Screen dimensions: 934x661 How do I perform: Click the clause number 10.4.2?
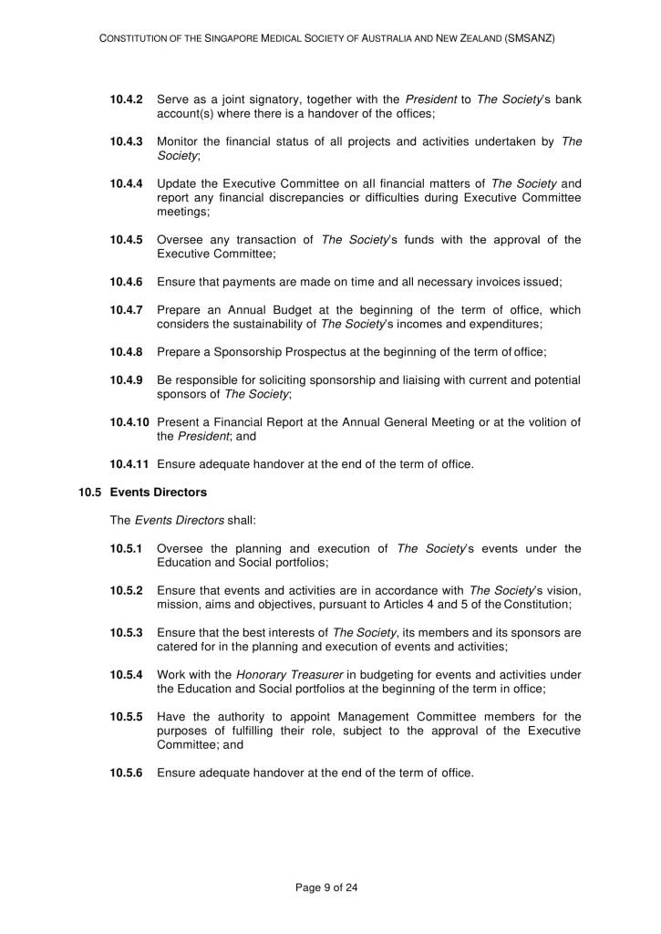click(x=127, y=99)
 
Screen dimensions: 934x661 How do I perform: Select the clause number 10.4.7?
click(x=127, y=311)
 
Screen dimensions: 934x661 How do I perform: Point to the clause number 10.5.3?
click(x=127, y=633)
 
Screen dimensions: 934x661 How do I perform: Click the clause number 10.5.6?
click(x=127, y=773)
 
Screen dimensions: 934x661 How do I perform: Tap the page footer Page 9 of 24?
click(x=330, y=886)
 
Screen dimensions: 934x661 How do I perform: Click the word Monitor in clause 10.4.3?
click(x=179, y=141)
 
